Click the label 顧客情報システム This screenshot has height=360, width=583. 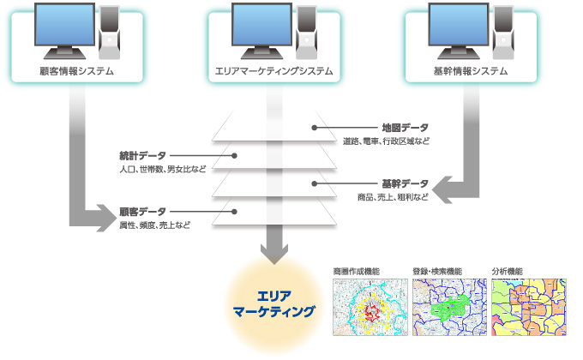(x=76, y=71)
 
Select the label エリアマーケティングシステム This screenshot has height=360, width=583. (x=273, y=71)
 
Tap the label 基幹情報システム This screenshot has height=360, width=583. (x=471, y=71)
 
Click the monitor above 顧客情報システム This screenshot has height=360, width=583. (x=64, y=31)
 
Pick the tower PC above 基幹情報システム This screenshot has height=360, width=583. (x=503, y=33)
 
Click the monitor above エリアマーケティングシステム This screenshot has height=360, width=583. (x=261, y=31)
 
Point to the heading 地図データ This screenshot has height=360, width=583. (x=406, y=128)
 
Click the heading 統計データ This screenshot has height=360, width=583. (x=142, y=156)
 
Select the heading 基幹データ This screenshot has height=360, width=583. (x=406, y=183)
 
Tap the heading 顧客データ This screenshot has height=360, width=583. (x=142, y=212)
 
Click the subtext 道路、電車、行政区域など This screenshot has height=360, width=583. (x=386, y=141)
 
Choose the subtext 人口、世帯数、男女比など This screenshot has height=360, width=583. (x=163, y=169)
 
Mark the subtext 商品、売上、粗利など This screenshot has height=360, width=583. (x=393, y=197)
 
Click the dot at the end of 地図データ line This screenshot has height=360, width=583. (x=314, y=128)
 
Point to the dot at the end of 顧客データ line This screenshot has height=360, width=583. (x=234, y=212)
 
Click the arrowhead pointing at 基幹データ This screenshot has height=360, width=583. (x=442, y=190)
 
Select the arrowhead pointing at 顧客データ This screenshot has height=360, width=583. (x=106, y=218)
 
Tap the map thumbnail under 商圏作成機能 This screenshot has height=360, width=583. (x=370, y=307)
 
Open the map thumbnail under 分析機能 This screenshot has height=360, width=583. (x=529, y=307)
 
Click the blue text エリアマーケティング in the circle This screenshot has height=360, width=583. (x=274, y=303)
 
